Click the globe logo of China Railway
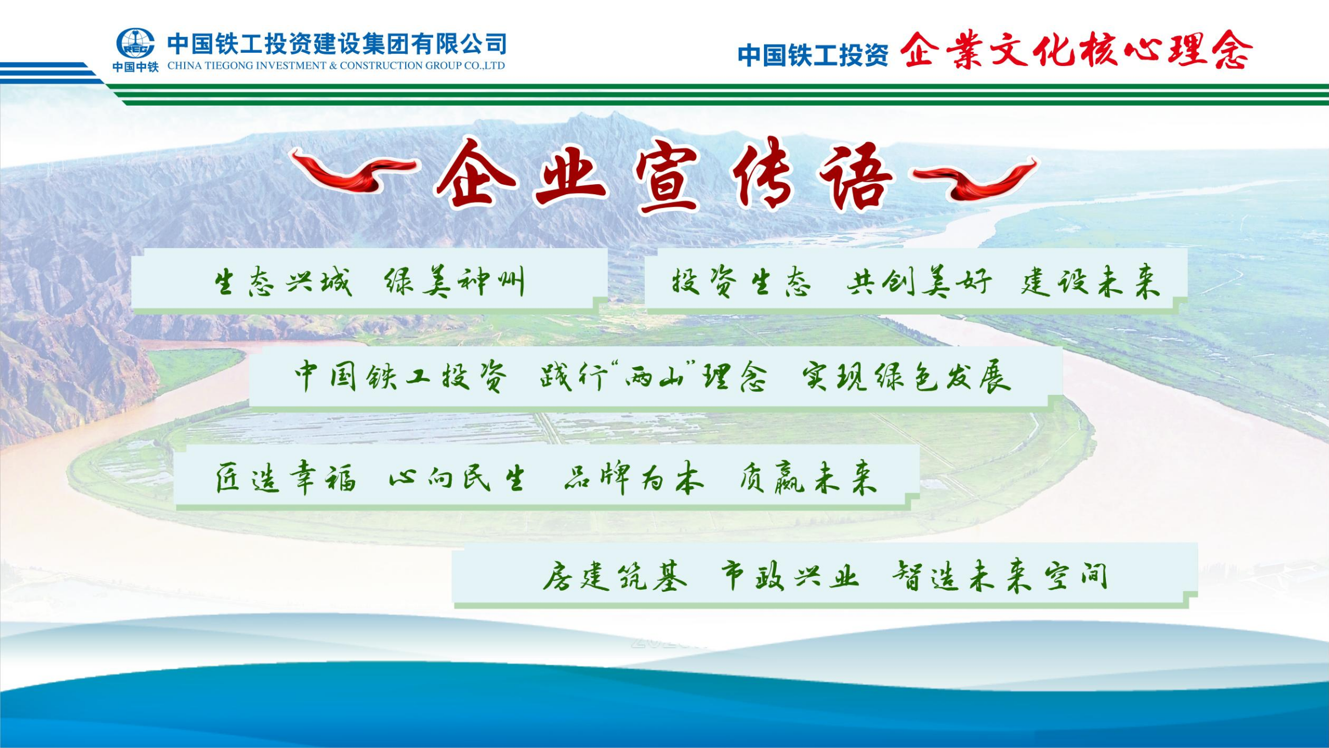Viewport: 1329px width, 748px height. tap(135, 43)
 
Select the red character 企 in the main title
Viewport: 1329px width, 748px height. tap(475, 173)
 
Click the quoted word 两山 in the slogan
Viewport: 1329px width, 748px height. tap(652, 377)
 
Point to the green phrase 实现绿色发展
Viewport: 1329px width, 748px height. tap(907, 377)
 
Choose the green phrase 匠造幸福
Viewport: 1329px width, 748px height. tap(286, 477)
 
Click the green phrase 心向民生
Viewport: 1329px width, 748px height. tap(456, 477)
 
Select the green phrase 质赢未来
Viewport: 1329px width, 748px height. tap(808, 477)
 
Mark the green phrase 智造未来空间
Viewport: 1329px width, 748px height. tap(1000, 576)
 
